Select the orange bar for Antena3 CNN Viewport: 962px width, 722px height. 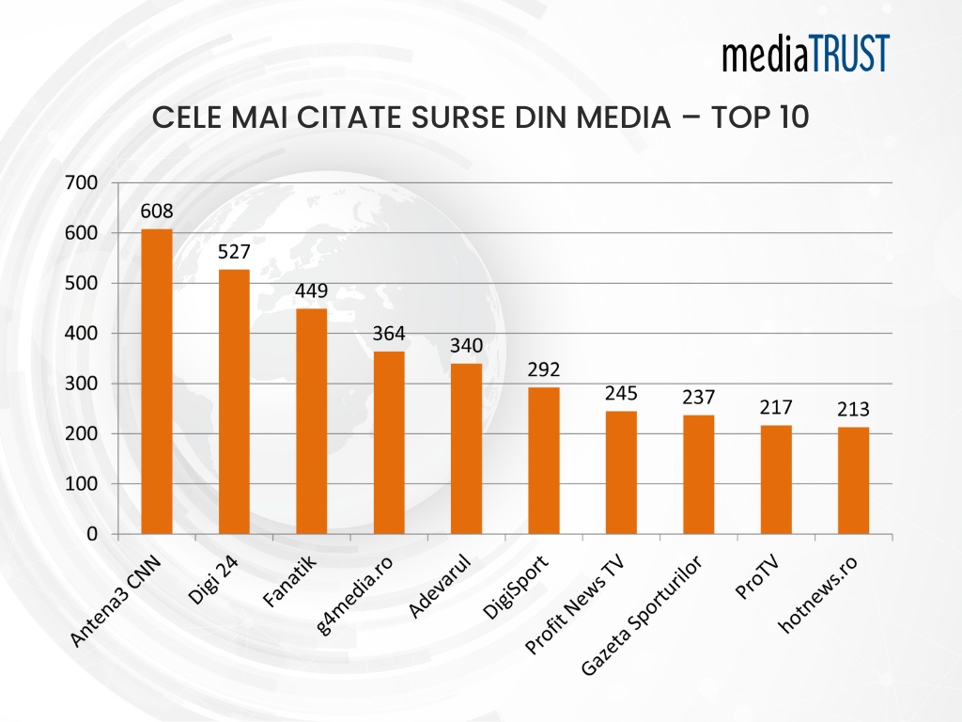157,381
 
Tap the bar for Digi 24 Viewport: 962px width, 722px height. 234,401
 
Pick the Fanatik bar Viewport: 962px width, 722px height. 312,421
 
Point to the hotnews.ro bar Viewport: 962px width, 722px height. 853,480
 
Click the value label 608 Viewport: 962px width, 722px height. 157,211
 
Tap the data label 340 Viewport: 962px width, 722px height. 466,345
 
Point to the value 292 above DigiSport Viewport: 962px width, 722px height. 544,369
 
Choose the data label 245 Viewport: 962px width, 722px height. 621,393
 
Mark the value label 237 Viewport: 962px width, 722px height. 698,397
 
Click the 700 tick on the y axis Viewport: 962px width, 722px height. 81,182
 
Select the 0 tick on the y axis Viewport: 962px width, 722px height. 91,534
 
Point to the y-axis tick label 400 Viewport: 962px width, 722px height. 81,333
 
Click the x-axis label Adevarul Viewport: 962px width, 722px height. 440,588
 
